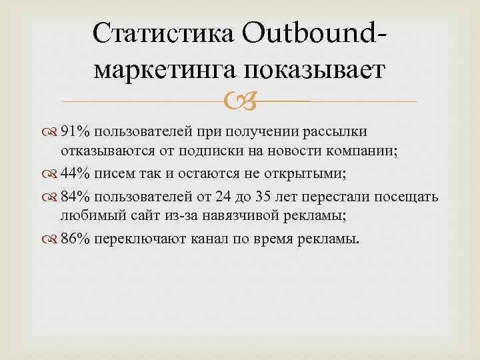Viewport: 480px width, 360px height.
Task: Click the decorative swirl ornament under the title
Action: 238,102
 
